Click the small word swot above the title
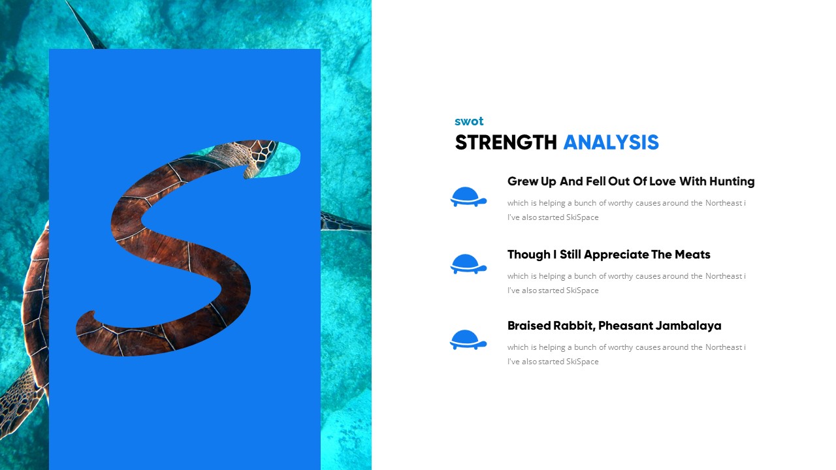pyautogui.click(x=469, y=121)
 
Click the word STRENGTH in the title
pyautogui.click(x=506, y=142)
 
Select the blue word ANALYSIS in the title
pyautogui.click(x=611, y=142)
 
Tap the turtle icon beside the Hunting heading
pyautogui.click(x=468, y=196)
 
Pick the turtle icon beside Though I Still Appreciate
pyautogui.click(x=468, y=264)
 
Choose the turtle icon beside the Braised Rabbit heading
pyautogui.click(x=468, y=339)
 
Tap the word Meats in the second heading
pyautogui.click(x=692, y=255)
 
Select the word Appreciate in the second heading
pyautogui.click(x=617, y=255)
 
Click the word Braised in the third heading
pyautogui.click(x=528, y=326)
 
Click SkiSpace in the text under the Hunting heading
pyautogui.click(x=582, y=217)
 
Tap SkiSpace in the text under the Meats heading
pyautogui.click(x=582, y=290)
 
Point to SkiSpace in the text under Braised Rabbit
pyautogui.click(x=582, y=362)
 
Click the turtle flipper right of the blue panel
pyautogui.click(x=345, y=222)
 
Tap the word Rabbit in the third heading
pyautogui.click(x=573, y=326)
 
